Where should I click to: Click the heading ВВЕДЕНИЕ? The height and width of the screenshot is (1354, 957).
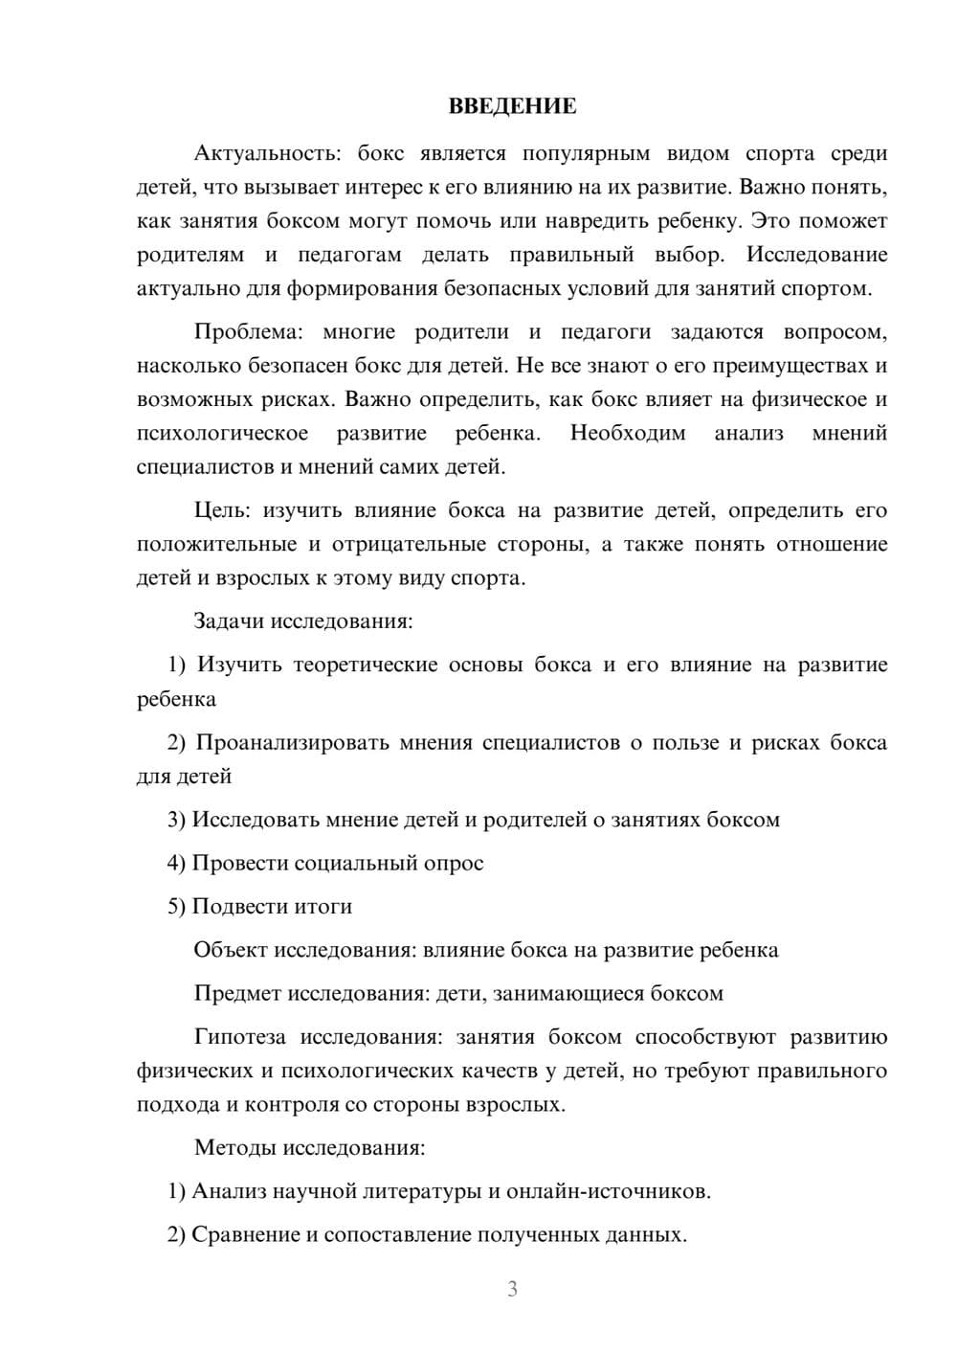coord(512,106)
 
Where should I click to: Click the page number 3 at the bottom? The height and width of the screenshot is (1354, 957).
coord(512,1289)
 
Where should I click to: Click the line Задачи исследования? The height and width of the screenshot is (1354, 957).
coord(303,621)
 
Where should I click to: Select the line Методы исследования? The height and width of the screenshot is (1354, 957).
coord(309,1147)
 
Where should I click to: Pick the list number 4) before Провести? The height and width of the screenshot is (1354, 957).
coord(176,863)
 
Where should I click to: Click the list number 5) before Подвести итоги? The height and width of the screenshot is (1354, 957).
coord(176,906)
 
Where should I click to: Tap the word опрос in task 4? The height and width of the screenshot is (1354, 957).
coord(455,863)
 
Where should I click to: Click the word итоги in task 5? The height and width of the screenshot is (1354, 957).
coord(325,906)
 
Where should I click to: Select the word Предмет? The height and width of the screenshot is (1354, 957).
coord(236,993)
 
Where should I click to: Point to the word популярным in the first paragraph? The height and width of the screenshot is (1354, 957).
coord(577,153)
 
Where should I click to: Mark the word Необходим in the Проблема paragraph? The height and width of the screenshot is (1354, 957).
coord(628,433)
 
